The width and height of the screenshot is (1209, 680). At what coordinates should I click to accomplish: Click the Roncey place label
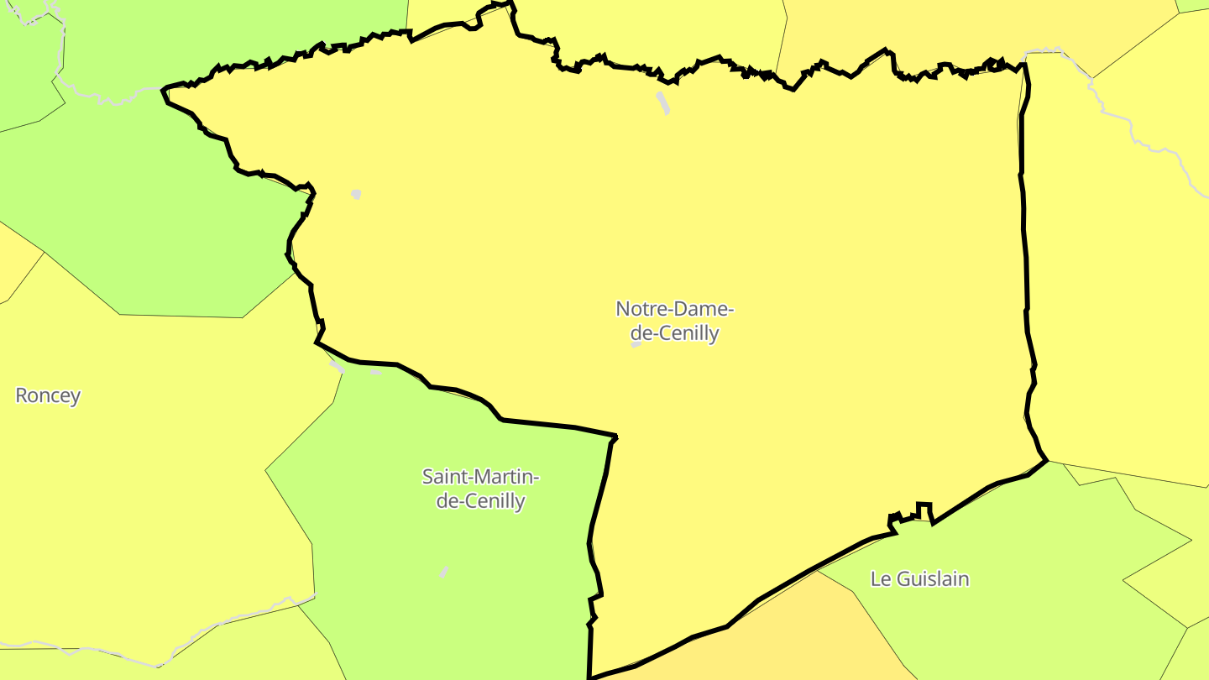pos(48,395)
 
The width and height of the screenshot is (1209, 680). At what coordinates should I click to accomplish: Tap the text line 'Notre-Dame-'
pos(675,309)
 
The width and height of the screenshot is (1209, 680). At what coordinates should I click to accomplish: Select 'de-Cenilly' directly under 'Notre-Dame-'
pos(675,333)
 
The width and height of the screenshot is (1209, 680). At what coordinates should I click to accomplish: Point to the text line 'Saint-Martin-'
pos(480,477)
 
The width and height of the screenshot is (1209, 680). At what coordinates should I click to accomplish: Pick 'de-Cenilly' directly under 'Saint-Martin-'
pos(480,501)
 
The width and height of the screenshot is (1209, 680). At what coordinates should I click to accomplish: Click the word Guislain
pos(933,578)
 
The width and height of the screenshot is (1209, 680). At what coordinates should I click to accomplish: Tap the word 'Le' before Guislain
pos(881,578)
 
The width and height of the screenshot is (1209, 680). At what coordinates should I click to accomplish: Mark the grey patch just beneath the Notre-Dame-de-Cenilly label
pos(636,344)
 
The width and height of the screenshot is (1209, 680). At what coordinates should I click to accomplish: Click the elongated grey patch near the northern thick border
pos(662,102)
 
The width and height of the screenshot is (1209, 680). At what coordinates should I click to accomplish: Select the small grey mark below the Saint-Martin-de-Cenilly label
pos(443,572)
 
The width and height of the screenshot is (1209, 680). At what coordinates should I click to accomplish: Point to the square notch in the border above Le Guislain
pos(924,509)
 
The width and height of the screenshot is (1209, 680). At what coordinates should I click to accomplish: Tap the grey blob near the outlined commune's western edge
pos(356,194)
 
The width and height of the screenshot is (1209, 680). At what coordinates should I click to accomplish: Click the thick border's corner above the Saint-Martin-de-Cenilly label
pos(615,437)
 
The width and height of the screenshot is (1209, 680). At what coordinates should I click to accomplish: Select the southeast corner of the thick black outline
pos(1046,460)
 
